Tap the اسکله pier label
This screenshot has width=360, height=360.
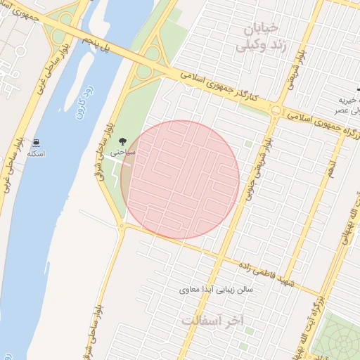pos(35,153)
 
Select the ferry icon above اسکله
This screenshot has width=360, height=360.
pos(36,142)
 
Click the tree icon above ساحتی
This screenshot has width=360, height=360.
pos(124,141)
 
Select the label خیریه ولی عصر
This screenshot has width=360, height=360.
pos(346,105)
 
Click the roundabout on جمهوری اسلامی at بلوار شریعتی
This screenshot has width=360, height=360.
pos(276,110)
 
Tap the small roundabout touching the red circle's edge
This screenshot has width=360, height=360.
pos(122,227)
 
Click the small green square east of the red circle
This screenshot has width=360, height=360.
pos(247,144)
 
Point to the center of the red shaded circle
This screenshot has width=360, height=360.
pos(180,179)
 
